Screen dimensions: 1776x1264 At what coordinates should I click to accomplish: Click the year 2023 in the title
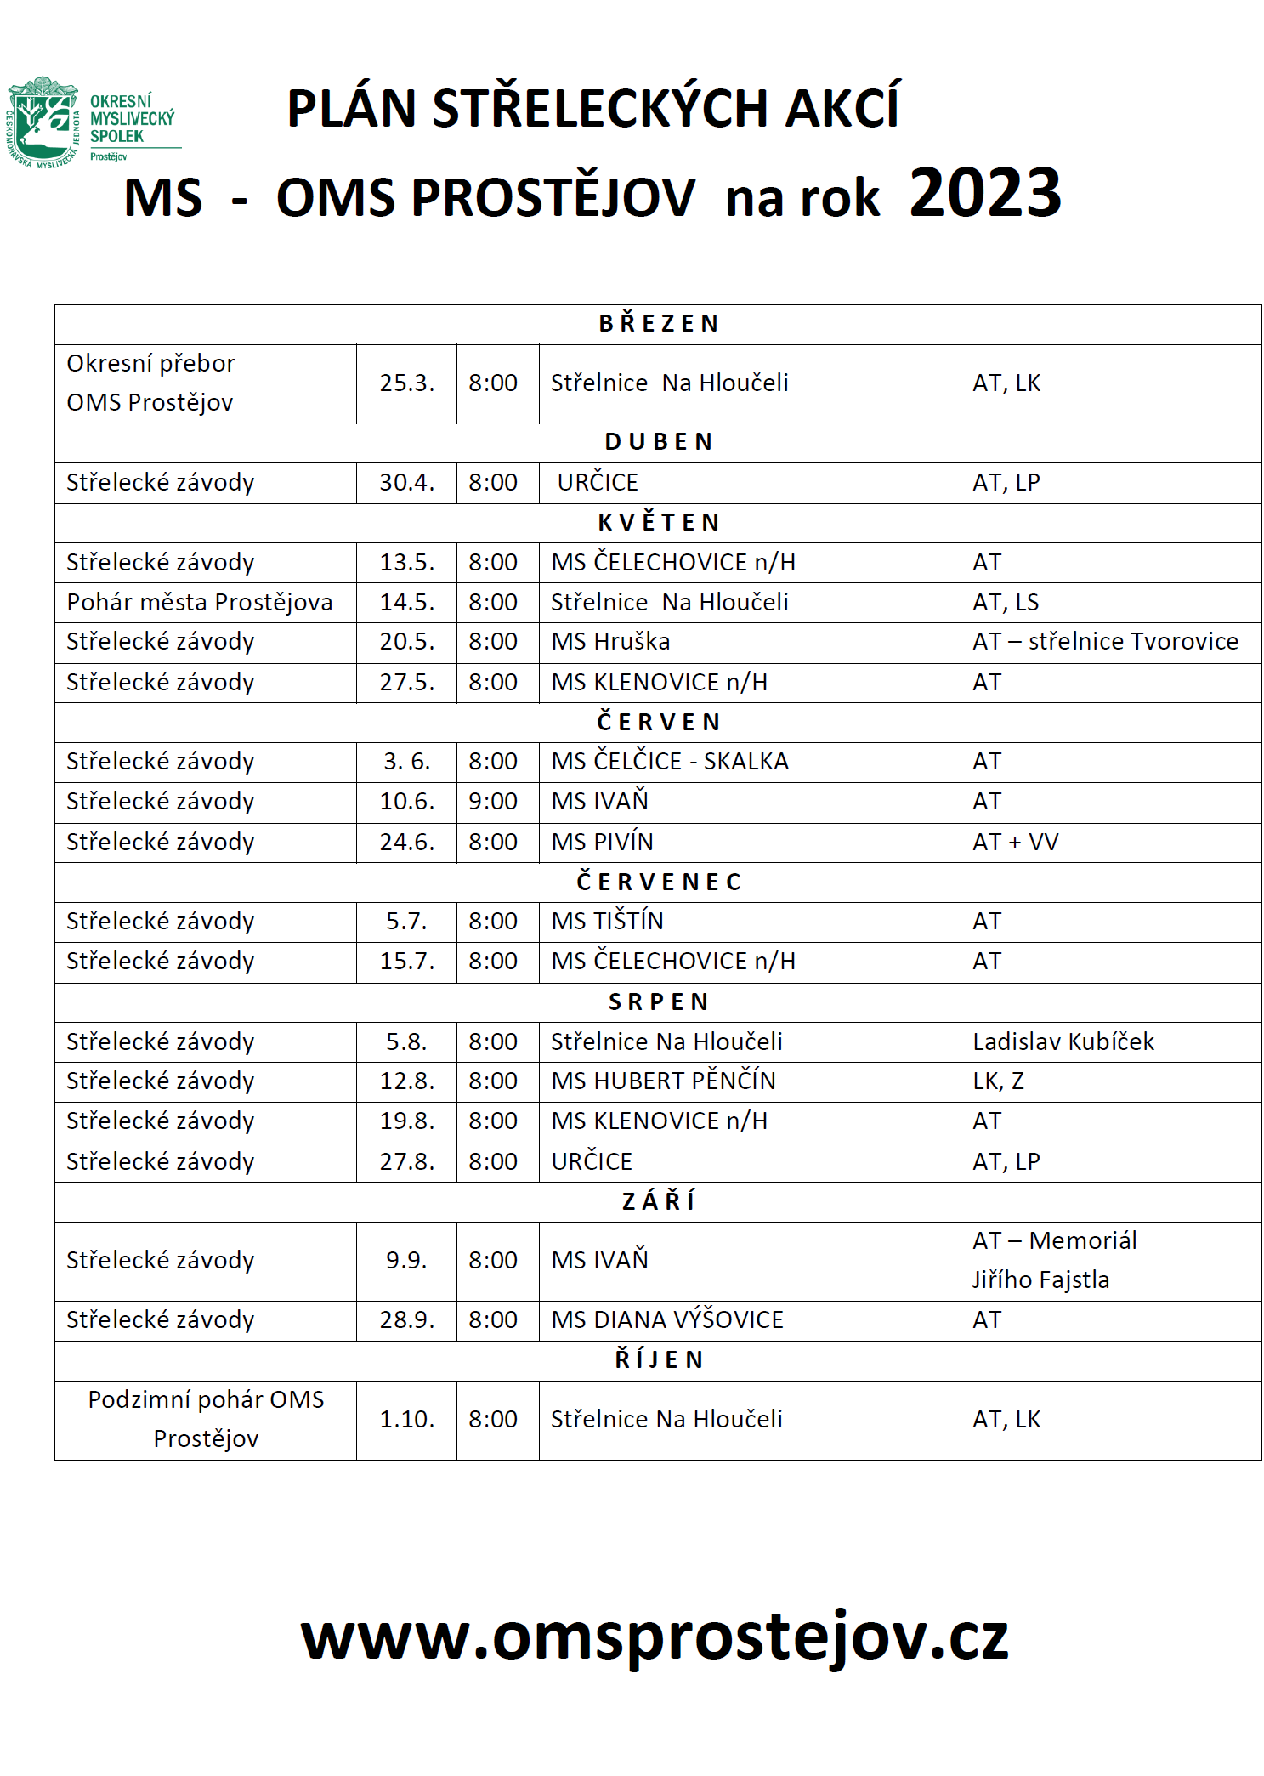pyautogui.click(x=984, y=193)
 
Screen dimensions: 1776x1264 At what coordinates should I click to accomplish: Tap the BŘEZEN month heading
pyautogui.click(x=659, y=324)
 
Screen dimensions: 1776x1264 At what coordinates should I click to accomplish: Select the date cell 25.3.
pyautogui.click(x=406, y=383)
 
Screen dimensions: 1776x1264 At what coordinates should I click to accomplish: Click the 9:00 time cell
pyautogui.click(x=493, y=801)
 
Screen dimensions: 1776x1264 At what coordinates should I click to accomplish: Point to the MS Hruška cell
pyautogui.click(x=610, y=642)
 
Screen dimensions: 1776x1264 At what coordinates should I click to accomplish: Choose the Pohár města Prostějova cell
pyautogui.click(x=200, y=602)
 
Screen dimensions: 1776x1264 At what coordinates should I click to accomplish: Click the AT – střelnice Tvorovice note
pyautogui.click(x=1105, y=642)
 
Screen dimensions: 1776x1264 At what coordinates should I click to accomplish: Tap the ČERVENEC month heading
pyautogui.click(x=659, y=882)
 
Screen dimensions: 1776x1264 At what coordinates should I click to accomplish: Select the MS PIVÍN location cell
pyautogui.click(x=602, y=842)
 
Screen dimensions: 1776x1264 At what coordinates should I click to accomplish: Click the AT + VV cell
pyautogui.click(x=1016, y=842)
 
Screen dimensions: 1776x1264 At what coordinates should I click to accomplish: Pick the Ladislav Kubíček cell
pyautogui.click(x=1063, y=1041)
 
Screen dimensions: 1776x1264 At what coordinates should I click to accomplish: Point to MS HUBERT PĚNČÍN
pyautogui.click(x=663, y=1081)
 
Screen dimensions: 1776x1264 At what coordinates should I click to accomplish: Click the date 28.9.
pyautogui.click(x=406, y=1319)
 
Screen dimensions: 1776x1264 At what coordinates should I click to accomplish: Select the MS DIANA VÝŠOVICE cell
pyautogui.click(x=667, y=1319)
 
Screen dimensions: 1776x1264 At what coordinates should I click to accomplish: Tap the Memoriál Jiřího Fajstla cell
pyautogui.click(x=1054, y=1260)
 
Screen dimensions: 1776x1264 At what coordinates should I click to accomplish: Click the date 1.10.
pyautogui.click(x=406, y=1419)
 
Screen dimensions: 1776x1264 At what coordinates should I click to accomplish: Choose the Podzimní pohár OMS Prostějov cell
pyautogui.click(x=206, y=1419)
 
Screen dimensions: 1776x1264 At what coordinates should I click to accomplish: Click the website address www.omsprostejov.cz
pyautogui.click(x=655, y=1637)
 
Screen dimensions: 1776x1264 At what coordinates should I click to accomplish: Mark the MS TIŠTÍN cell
pyautogui.click(x=607, y=921)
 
